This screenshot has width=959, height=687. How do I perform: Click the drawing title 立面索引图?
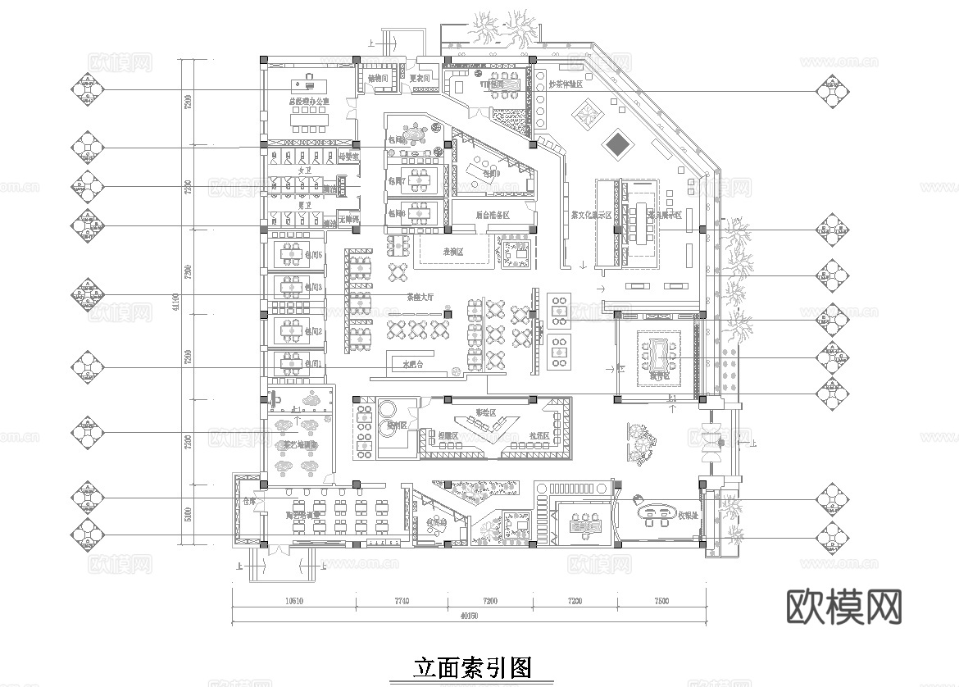click(471, 667)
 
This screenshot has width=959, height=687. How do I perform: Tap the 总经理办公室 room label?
click(308, 102)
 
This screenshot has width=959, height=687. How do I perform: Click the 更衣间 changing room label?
click(420, 79)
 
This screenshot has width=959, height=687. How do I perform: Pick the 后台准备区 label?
click(492, 215)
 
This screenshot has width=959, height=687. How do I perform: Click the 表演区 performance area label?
click(453, 253)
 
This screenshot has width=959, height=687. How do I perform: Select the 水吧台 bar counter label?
click(411, 363)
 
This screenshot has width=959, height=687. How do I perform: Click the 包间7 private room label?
click(398, 181)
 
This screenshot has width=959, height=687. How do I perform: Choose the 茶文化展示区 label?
click(591, 215)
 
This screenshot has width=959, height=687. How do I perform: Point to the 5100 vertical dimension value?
click(188, 514)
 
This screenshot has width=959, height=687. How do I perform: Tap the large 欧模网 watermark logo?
click(843, 607)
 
